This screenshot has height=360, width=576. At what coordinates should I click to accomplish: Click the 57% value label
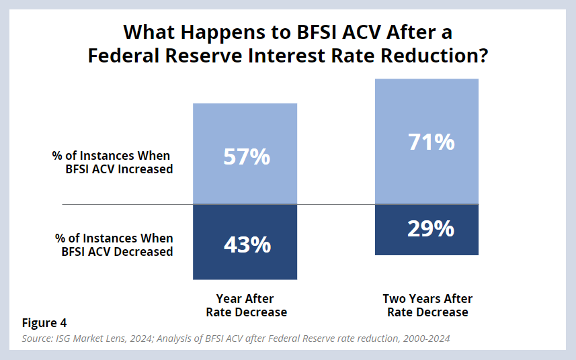(x=247, y=156)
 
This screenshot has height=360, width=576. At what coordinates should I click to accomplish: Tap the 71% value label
(x=431, y=142)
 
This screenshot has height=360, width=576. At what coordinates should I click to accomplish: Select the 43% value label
(x=247, y=244)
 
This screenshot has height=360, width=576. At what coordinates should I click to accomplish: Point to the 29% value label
(x=431, y=229)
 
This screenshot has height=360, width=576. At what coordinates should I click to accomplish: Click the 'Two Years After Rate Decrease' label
(x=427, y=306)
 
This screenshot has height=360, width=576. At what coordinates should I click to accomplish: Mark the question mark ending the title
(x=481, y=56)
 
